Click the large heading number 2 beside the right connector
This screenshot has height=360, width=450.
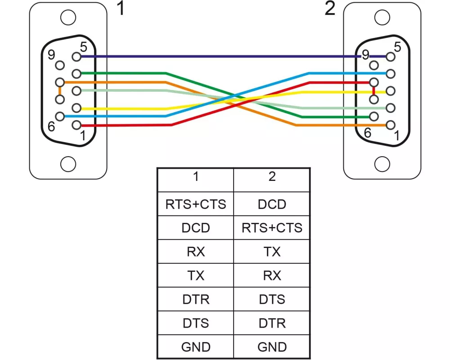[x=330, y=9]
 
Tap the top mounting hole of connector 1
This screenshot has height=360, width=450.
[x=68, y=18]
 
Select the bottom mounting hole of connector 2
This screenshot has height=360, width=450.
[x=382, y=162]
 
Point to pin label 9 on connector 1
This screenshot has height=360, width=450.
[x=51, y=55]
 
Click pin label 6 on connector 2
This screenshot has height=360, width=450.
[x=368, y=133]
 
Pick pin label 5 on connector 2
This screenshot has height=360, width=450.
[x=397, y=46]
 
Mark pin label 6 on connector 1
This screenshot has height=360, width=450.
[x=52, y=126]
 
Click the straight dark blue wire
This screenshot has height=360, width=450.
[x=216, y=57]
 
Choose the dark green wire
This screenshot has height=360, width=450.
[x=126, y=73]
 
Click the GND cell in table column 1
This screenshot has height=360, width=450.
[x=196, y=347]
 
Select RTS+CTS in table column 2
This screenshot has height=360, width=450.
[x=272, y=228]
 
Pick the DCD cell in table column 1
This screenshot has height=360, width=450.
[x=196, y=228]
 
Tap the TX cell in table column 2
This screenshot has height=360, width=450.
[x=272, y=252]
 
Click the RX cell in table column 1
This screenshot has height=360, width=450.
[x=196, y=252]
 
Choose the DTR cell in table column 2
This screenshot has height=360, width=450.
[x=272, y=323]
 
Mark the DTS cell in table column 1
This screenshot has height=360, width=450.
[x=196, y=323]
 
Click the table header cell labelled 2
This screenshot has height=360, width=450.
[x=272, y=177]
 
